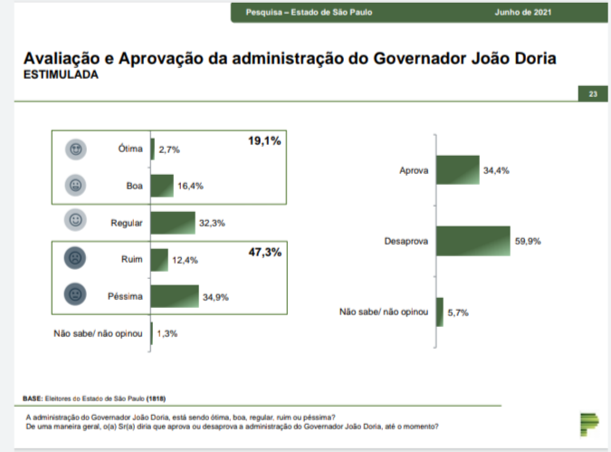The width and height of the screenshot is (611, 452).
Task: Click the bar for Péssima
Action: (x=174, y=295)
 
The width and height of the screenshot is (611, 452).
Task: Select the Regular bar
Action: (x=173, y=222)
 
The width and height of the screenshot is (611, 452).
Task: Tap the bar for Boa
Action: (x=162, y=186)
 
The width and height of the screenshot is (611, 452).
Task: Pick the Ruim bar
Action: (x=159, y=259)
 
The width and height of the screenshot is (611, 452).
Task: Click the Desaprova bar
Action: (x=472, y=241)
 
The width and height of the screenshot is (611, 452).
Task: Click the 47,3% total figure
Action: (x=264, y=251)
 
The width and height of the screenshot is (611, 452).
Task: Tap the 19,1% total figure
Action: (x=264, y=141)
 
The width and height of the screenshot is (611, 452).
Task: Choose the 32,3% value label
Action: (x=211, y=223)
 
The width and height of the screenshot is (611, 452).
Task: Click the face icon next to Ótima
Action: (x=75, y=149)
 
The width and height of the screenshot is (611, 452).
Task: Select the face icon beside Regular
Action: (x=75, y=220)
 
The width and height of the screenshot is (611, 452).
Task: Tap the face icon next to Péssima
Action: (x=75, y=294)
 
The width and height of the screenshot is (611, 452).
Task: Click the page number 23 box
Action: (x=592, y=94)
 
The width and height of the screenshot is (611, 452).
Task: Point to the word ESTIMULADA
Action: (x=61, y=76)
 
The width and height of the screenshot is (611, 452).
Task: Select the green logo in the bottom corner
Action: (x=589, y=422)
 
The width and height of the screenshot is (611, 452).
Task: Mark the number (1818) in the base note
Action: (x=157, y=399)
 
